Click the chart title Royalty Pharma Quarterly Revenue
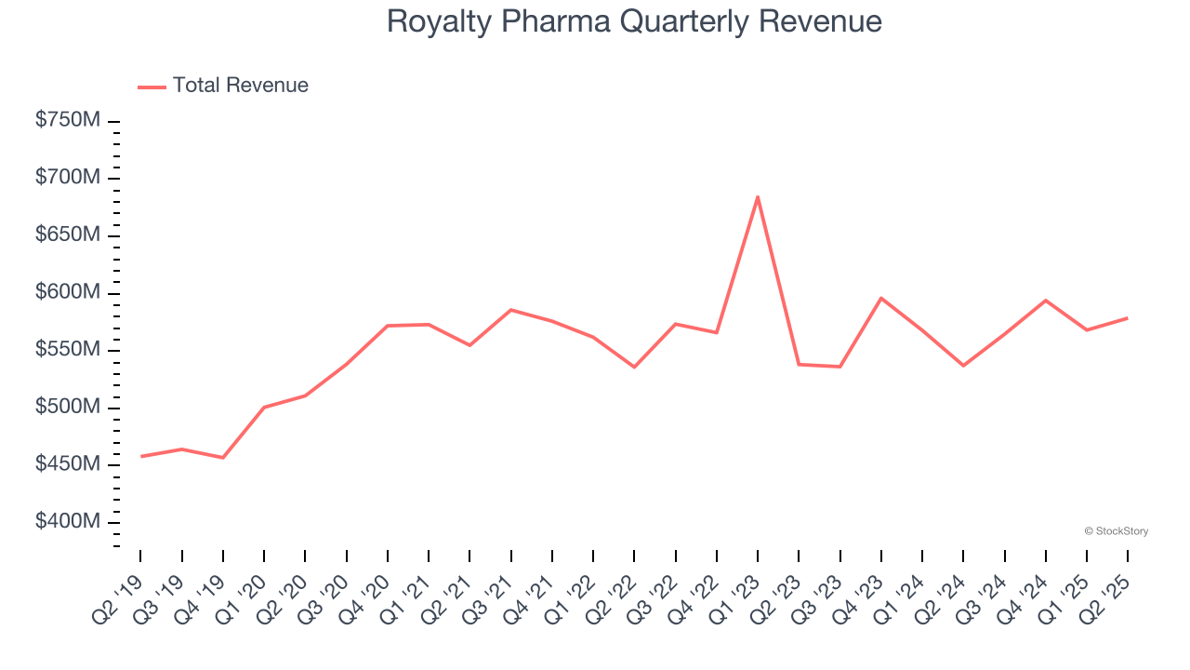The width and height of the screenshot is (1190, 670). [634, 21]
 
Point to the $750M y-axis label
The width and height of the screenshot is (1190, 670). [68, 121]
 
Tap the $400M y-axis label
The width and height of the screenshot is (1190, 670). [68, 522]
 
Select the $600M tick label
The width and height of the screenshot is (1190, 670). [68, 292]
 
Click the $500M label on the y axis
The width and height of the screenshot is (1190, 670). [68, 408]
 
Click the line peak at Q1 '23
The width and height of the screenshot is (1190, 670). [758, 196]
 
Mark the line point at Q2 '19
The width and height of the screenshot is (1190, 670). [140, 456]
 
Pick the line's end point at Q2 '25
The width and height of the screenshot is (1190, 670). [1128, 318]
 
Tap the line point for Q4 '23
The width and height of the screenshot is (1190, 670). [881, 298]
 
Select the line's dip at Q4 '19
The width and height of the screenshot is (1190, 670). [223, 458]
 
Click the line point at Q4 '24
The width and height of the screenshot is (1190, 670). [1046, 301]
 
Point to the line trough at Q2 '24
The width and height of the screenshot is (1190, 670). [963, 366]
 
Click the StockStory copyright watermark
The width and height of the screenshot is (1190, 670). [1116, 531]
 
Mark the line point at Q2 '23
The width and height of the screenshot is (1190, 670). [799, 364]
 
